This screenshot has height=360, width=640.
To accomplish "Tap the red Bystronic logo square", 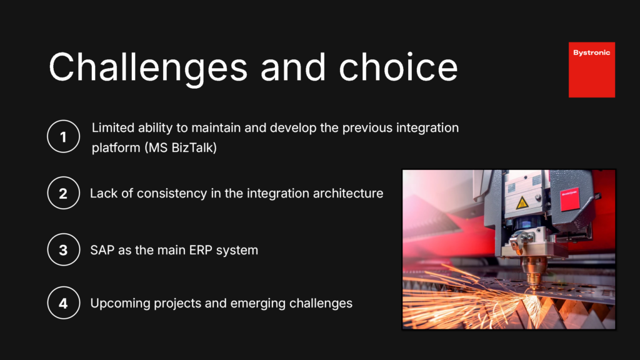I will coord(591,69).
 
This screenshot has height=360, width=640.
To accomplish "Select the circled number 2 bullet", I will coord(63,193).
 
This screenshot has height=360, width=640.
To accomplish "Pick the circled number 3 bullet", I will coord(63,250).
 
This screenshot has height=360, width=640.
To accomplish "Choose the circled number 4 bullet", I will coord(63,303).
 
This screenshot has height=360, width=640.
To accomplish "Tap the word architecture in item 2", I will coord(347,193).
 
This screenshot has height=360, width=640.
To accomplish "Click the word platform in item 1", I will coord(114,149).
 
